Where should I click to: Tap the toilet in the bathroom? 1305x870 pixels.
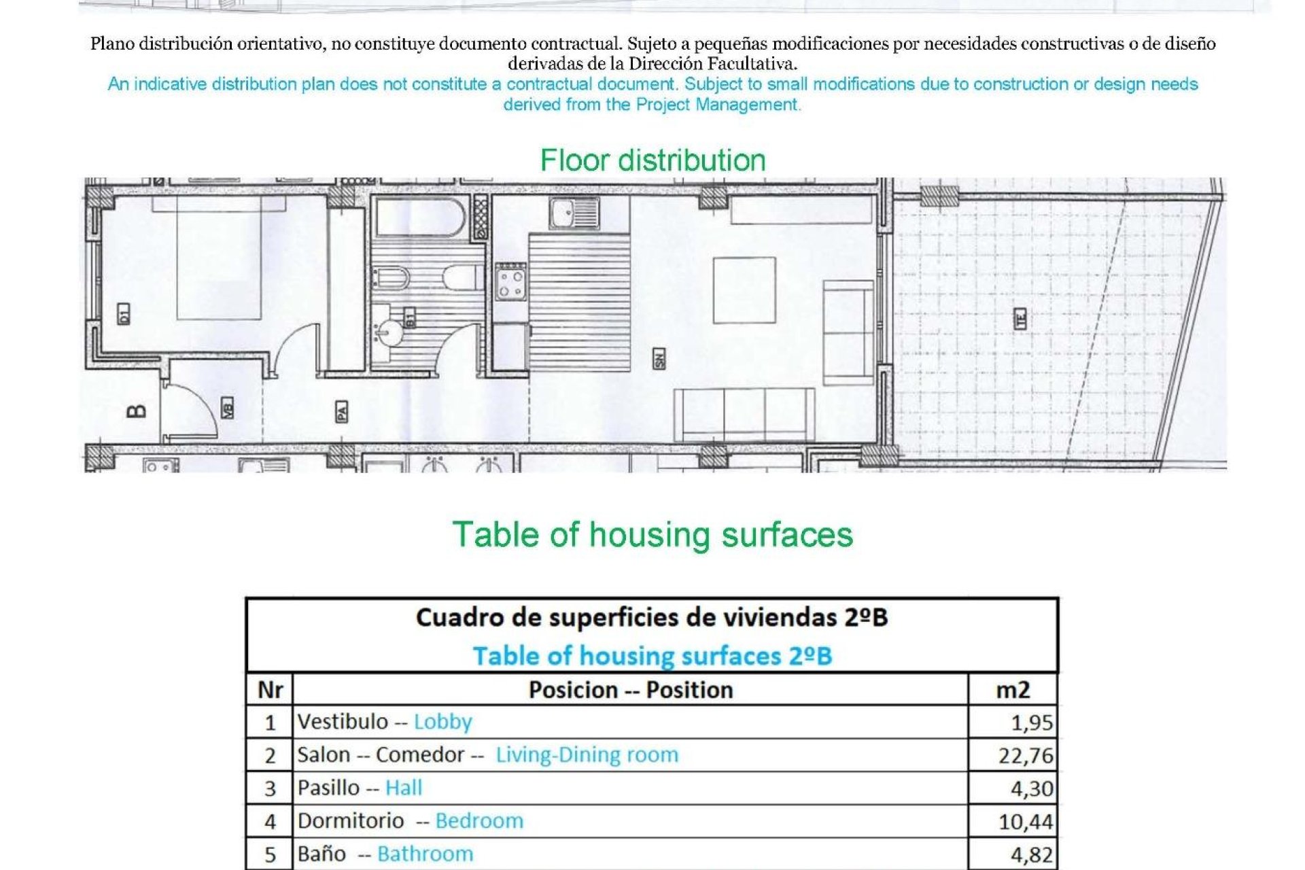462,277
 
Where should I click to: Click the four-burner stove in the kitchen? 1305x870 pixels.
510,282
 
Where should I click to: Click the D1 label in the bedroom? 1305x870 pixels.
123,314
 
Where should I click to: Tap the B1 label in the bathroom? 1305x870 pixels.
410,318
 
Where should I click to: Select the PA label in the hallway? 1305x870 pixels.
342,411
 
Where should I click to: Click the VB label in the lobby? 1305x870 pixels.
228,408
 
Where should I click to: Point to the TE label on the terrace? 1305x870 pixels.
1020,319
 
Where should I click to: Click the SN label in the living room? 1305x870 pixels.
659,359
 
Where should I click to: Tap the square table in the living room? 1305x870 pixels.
744,290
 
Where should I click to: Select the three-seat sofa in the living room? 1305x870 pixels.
744,415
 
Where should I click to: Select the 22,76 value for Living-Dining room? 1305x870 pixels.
1025,755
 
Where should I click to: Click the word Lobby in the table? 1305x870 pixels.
442,722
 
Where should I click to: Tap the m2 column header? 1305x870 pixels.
1013,690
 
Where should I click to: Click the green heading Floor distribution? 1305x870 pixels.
652,160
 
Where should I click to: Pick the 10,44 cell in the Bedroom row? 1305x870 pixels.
1025,822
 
